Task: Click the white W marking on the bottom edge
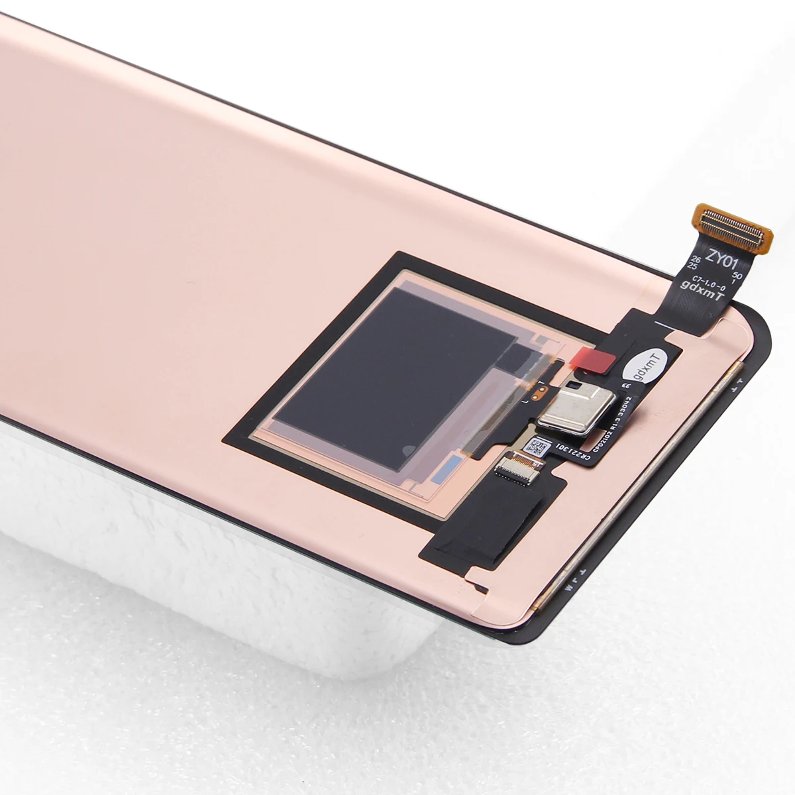pyautogui.click(x=568, y=586)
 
